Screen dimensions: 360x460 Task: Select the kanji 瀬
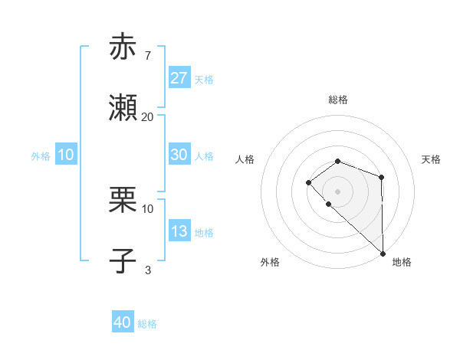coord(123,108)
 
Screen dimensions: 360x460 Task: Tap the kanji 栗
coord(123,200)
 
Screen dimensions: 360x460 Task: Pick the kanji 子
coord(123,261)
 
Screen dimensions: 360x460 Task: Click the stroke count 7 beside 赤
coord(147,56)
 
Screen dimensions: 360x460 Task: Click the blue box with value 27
coord(179,78)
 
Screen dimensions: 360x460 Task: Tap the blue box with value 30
coord(179,155)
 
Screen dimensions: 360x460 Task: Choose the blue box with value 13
coord(179,231)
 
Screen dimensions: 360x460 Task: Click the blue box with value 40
coord(123,322)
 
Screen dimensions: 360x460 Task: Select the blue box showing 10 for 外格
coord(66,155)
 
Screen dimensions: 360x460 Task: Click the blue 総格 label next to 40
coord(147,324)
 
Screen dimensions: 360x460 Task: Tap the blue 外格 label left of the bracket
coord(41,155)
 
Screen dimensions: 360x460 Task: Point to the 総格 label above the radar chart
coord(337,100)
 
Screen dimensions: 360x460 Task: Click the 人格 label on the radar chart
coord(245,159)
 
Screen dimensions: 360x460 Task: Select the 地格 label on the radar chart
coord(402,262)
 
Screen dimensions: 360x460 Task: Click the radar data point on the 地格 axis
coord(382,253)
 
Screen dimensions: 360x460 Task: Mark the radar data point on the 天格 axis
coord(381,177)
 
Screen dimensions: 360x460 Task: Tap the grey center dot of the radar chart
coord(337,191)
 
